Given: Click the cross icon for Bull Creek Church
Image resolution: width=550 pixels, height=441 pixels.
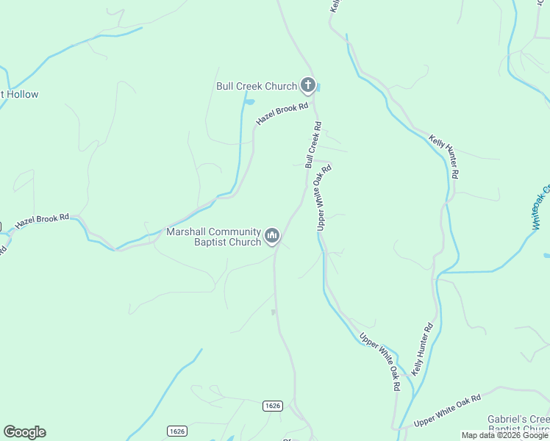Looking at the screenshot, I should click(308, 86).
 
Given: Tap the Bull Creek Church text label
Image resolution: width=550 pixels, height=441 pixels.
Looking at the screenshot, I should click(256, 86).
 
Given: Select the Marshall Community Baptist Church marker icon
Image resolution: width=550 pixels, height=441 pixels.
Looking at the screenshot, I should click(272, 235).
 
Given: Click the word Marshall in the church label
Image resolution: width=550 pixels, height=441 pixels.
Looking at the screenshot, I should click(187, 232).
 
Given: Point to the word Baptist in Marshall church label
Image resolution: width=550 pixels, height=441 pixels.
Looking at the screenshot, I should click(210, 243).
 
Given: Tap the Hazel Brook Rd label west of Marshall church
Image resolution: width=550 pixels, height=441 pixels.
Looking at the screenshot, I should click(42, 219).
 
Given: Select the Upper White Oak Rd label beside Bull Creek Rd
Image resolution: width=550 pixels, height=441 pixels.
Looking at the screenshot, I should click(324, 198).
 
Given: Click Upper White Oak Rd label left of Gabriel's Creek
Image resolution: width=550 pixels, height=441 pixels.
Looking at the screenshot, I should click(447, 411).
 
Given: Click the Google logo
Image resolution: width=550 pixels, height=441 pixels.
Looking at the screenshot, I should click(24, 432).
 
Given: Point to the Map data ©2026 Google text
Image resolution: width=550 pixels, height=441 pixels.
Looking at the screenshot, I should click(505, 435).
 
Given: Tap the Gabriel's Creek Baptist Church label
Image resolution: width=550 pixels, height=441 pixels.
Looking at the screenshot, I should click(518, 424).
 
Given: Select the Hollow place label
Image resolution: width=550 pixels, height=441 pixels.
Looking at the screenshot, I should click(22, 94).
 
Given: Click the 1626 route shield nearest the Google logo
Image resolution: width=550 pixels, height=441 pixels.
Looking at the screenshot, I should click(176, 430).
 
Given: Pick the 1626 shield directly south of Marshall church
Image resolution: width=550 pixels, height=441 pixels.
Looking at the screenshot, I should click(272, 406).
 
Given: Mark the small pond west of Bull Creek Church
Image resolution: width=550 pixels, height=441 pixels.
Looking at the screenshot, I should click(249, 101).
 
